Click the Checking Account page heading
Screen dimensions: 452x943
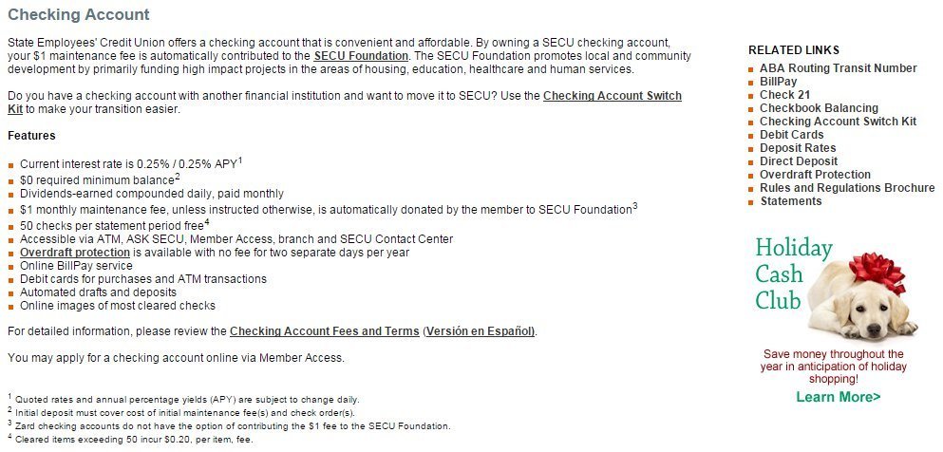coord(78,16)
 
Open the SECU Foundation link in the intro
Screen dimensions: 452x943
coord(361,56)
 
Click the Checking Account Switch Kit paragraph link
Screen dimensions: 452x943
coord(612,96)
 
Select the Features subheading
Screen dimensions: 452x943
coord(31,136)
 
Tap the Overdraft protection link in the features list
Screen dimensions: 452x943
coord(75,253)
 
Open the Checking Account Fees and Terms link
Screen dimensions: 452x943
coord(324,331)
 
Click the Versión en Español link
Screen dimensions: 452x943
coord(480,331)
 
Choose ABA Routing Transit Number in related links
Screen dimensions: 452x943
coord(838,68)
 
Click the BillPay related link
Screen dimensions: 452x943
coord(778,82)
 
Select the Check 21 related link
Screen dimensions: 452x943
coord(785,95)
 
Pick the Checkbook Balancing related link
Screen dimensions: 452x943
coord(819,108)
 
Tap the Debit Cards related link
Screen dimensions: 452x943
coord(791,135)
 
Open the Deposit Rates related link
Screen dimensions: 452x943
coord(798,148)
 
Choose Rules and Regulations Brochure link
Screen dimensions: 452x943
coord(847,188)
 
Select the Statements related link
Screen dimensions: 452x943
coord(790,201)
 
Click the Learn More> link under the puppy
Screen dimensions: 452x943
coord(838,397)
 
